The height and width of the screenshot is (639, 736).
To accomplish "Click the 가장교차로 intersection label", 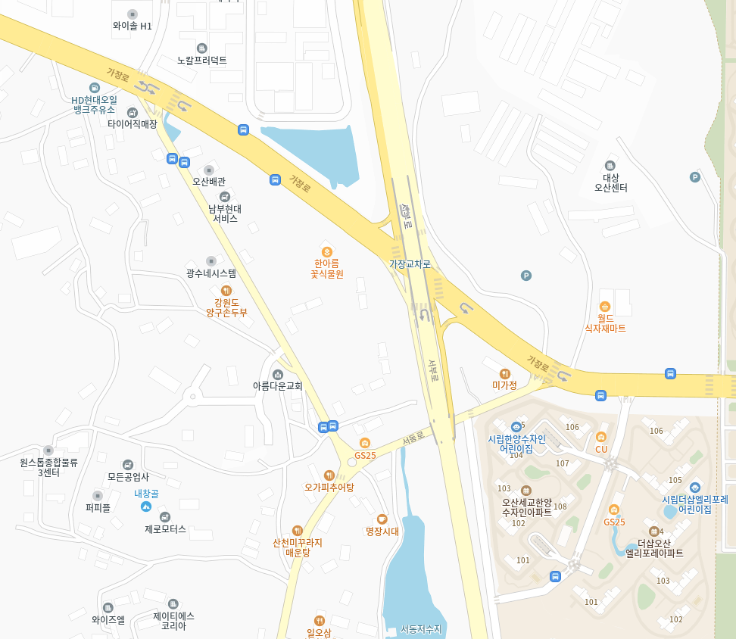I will point(410,264).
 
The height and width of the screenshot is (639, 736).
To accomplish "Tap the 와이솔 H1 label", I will point(133,26).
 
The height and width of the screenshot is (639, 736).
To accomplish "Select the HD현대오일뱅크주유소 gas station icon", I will point(94,88).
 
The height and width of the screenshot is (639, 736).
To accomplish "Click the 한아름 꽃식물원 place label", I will point(327,268).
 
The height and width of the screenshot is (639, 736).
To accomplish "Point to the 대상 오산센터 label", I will point(610,182).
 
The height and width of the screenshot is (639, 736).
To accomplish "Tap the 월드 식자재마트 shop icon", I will point(605,306).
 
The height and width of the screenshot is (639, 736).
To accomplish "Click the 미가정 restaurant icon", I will point(505,373).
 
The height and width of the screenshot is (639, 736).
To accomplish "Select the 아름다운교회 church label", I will point(277,386).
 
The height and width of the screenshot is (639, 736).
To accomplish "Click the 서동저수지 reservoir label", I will point(421,628).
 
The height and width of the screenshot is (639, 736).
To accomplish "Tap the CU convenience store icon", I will point(601,436).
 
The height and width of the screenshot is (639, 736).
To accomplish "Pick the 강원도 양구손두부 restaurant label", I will point(226,307).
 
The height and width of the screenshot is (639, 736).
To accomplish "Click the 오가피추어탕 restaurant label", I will point(329,487).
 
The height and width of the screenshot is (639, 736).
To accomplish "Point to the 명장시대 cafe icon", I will point(382,519).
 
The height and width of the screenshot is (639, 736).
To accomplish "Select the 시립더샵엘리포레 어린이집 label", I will point(694,504).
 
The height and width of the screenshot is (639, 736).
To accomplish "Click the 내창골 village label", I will point(146,494).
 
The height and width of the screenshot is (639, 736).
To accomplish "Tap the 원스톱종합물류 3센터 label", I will point(48,466).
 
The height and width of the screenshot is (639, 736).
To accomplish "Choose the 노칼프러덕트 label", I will point(201,60).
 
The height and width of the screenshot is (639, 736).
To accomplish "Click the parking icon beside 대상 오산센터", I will point(694,177).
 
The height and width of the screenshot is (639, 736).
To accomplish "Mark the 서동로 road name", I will point(413,438).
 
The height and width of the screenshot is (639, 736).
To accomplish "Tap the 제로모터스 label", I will point(165,529).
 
